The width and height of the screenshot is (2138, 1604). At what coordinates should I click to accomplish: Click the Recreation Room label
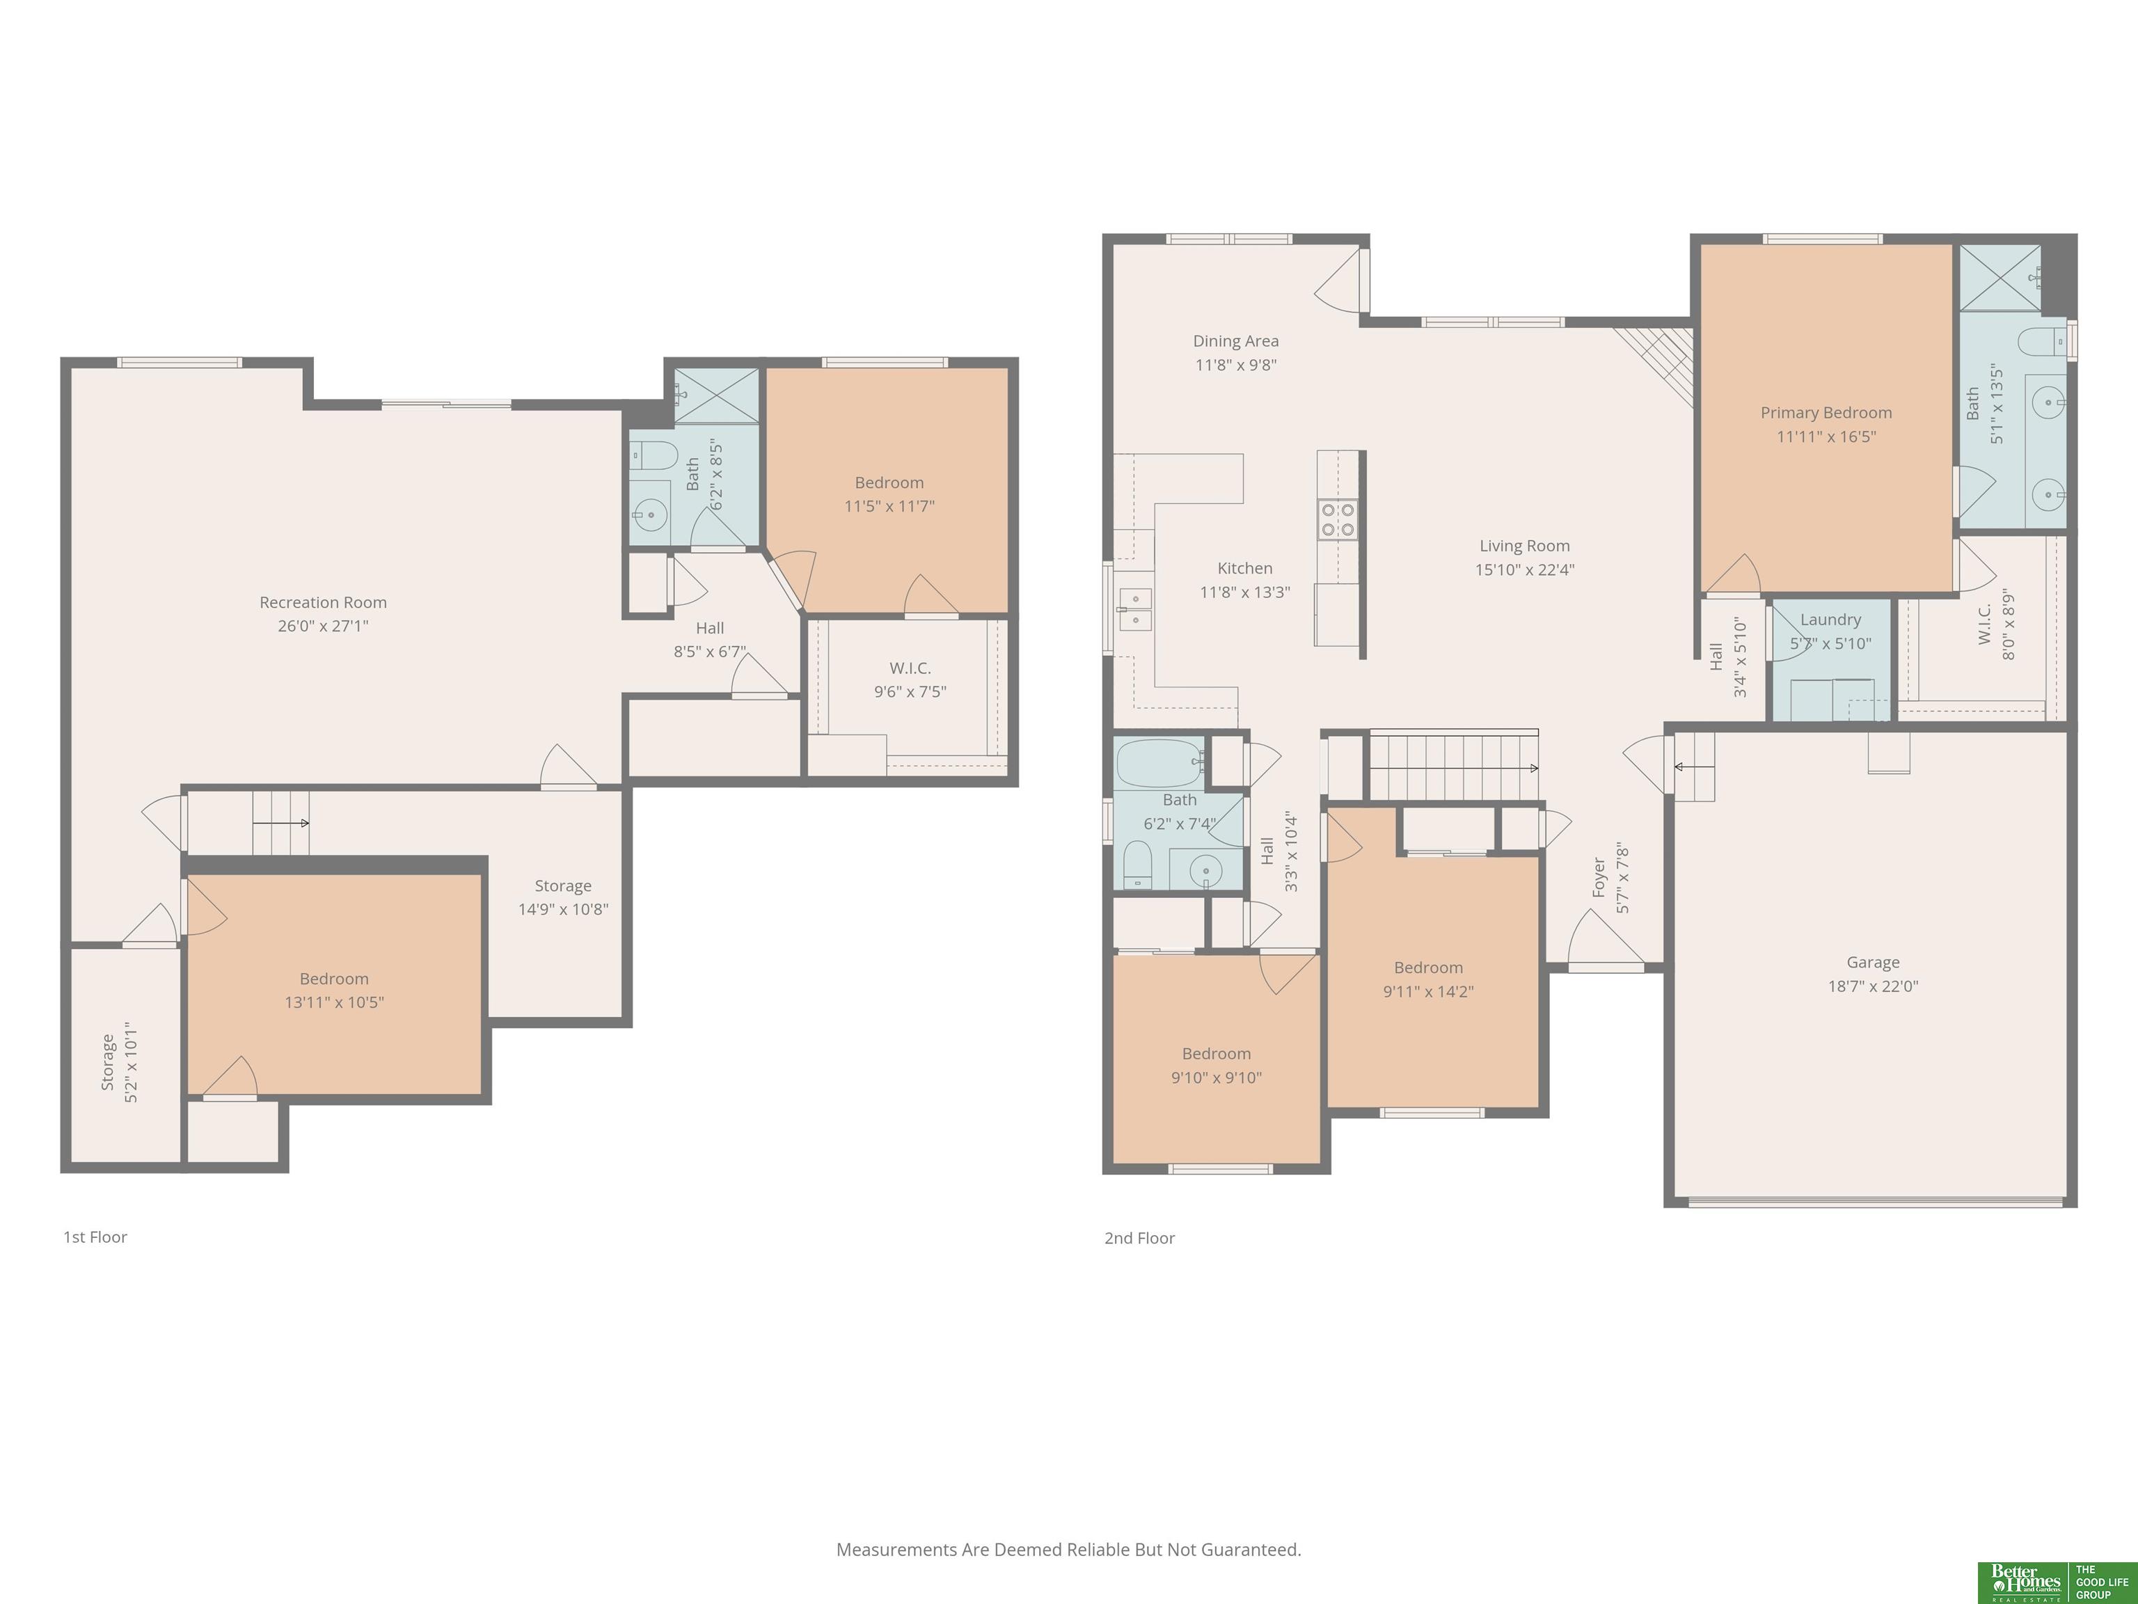coord(323,602)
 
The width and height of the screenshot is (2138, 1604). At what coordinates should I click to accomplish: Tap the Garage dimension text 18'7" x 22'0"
coord(1873,986)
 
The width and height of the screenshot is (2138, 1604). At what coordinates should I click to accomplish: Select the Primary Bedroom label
coord(1826,413)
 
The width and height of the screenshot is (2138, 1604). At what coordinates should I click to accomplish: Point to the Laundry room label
coord(1830,620)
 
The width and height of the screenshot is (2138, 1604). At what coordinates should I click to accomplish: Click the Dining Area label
coord(1235,341)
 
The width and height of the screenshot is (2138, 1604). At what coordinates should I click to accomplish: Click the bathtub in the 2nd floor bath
coord(1161,764)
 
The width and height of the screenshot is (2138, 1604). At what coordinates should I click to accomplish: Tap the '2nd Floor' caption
coord(1139,1238)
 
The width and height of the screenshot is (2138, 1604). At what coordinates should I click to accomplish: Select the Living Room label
coord(1524,547)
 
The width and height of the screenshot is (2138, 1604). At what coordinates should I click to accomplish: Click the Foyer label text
coord(1599,877)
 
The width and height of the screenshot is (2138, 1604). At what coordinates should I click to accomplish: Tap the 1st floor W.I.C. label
coord(910,668)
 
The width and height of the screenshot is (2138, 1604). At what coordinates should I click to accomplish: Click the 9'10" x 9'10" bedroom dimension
coord(1216,1078)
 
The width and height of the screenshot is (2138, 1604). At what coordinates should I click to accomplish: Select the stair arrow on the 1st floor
coord(281,824)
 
